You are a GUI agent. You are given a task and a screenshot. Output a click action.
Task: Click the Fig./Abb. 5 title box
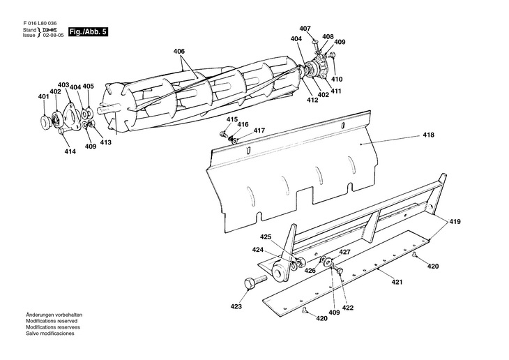88,32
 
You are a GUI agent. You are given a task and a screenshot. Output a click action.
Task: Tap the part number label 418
429,135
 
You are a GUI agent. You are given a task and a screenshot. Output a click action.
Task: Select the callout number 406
179,52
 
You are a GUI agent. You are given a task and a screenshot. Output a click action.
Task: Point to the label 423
236,306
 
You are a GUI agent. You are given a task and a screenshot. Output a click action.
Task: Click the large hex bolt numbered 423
255,281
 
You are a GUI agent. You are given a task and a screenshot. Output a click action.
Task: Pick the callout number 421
397,282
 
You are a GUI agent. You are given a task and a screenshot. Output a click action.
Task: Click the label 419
455,222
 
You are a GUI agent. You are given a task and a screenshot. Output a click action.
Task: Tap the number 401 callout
43,96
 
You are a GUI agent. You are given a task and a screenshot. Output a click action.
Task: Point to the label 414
70,151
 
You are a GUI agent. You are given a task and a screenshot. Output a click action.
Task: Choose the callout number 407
305,29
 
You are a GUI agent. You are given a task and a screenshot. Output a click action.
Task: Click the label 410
337,79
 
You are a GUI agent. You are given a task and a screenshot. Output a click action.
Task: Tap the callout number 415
231,119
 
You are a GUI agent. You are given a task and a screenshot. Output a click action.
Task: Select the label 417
259,130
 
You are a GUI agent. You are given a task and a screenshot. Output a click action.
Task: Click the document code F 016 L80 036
40,24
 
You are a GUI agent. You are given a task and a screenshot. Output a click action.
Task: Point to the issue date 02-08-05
53,36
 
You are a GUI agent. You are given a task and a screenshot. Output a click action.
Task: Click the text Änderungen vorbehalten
54,315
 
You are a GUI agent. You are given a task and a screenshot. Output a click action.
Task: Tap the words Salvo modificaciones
50,333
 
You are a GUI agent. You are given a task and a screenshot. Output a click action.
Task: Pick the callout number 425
266,237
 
